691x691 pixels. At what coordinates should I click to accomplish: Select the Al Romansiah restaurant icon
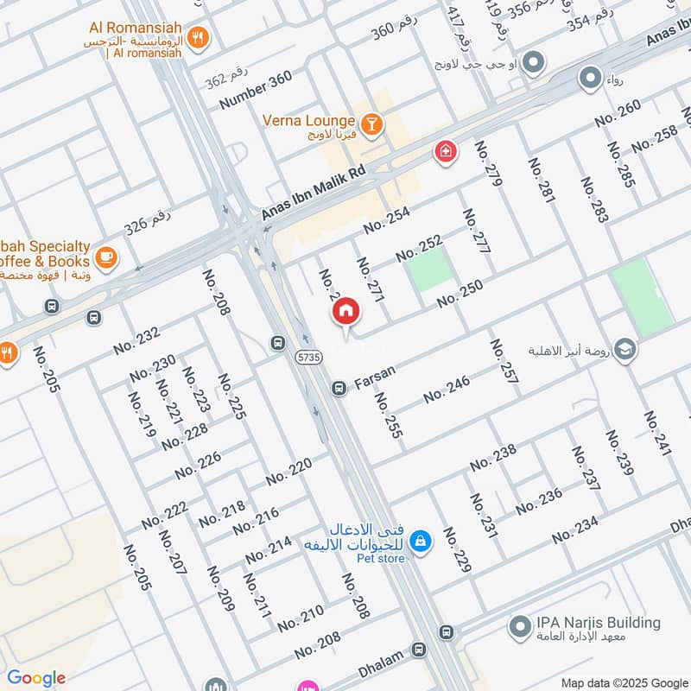point(200,37)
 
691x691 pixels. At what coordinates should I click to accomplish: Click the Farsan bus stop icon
point(339,390)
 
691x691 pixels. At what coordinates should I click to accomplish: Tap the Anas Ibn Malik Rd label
point(314,195)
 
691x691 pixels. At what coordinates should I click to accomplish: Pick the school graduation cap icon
point(626,350)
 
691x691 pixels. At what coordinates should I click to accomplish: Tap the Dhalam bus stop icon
point(419,649)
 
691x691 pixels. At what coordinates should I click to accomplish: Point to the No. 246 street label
point(447,390)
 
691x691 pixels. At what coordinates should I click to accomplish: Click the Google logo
point(36,678)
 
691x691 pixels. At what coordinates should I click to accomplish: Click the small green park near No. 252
point(429,268)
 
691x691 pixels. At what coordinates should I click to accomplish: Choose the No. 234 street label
point(575,530)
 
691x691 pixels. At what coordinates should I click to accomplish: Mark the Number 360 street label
point(256,89)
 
